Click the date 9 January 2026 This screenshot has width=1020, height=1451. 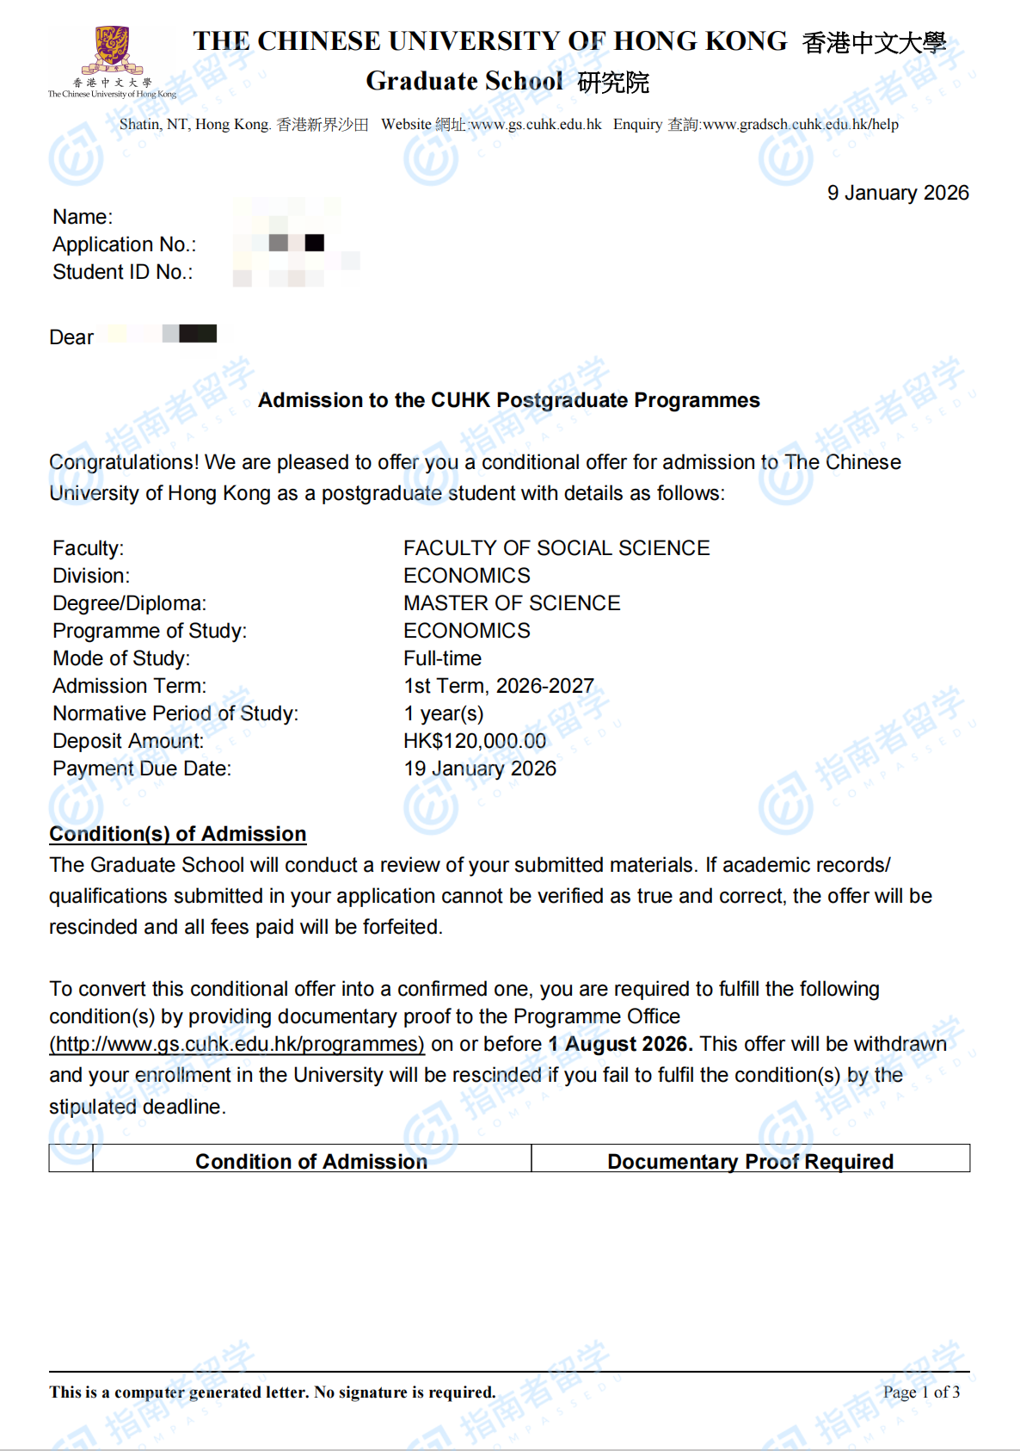coord(897,193)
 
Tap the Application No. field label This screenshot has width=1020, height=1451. coord(124,244)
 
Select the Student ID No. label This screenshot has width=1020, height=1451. coord(122,272)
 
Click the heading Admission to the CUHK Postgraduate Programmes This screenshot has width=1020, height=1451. coord(508,400)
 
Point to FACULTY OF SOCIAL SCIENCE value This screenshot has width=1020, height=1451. coord(556,548)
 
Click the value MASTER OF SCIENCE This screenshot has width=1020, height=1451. coord(512,603)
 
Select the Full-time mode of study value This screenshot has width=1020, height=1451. coord(442,658)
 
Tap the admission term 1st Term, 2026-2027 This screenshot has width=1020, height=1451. coord(499,686)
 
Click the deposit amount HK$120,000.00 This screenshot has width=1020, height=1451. coord(475,741)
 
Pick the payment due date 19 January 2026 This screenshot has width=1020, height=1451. coord(480,769)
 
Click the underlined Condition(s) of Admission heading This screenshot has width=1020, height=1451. coord(177,834)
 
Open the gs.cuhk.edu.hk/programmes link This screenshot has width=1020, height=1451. coord(237,1044)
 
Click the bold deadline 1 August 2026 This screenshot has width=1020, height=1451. coord(620,1044)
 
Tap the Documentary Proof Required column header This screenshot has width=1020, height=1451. coord(750,1161)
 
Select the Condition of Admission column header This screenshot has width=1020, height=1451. coord(311,1161)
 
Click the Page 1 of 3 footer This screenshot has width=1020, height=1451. coord(921,1392)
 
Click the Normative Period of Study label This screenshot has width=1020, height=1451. coord(175,713)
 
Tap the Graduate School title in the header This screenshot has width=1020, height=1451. coord(464,81)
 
